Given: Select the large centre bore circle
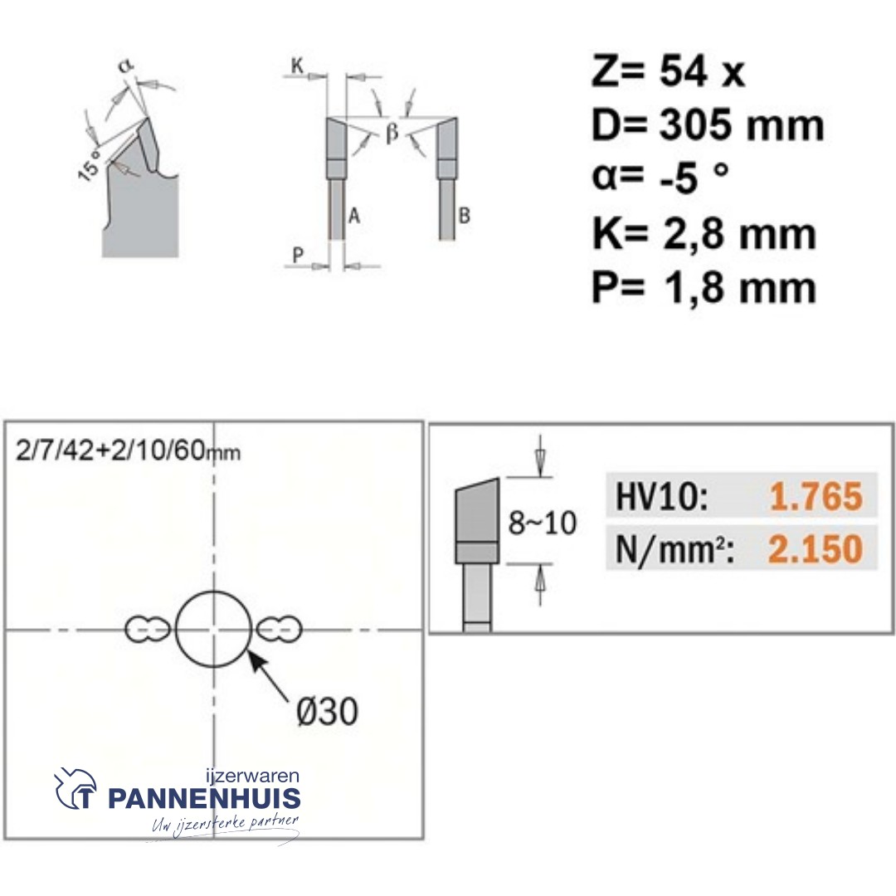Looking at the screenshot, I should coord(213,630).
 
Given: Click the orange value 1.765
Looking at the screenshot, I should coord(816,497).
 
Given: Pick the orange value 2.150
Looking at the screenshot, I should coord(816,548).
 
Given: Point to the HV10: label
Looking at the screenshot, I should coord(662,497).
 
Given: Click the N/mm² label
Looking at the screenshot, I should coord(673,548).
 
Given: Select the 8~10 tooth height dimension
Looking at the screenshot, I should coord(542,524).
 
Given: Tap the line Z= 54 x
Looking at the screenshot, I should coord(669,73).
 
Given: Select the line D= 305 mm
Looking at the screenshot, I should coord(708,126).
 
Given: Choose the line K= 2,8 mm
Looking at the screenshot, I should coord(704,234).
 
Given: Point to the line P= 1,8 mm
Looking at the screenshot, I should coord(704,288).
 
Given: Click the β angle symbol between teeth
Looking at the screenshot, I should coord(392,133).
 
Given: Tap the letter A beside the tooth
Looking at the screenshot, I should coord(353,217).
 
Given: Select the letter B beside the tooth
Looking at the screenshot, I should coord(465,217).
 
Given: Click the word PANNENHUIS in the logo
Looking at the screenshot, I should coord(204,799).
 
